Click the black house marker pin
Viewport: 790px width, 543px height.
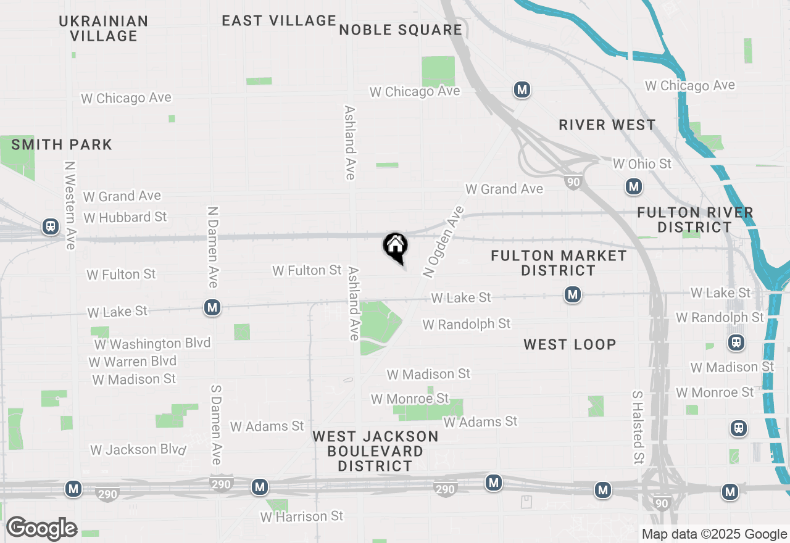[x=396, y=247]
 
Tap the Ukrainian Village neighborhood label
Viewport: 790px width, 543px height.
[x=104, y=28]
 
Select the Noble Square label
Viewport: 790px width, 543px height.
[x=401, y=30]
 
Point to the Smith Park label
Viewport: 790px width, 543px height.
[x=62, y=145]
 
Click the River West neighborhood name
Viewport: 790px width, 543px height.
[x=607, y=125]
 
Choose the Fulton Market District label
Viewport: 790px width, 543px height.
[x=559, y=263]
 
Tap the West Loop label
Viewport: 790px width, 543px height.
[x=570, y=344]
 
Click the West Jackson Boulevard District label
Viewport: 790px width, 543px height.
[x=375, y=451]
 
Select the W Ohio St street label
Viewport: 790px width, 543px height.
[x=642, y=164]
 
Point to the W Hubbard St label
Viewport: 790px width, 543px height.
[x=125, y=217]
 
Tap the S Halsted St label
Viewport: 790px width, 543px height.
[x=638, y=427]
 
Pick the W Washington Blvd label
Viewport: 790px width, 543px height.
[x=152, y=343]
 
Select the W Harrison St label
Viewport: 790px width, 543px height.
[x=302, y=516]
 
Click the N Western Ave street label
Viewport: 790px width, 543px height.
[x=70, y=205]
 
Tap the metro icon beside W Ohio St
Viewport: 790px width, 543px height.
[x=633, y=186]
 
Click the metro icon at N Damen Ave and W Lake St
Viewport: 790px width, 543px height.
[x=212, y=307]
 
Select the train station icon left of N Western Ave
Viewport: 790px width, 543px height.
[x=51, y=226]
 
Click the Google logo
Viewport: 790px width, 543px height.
[x=42, y=528]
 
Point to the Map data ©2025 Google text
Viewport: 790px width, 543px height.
[x=714, y=534]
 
